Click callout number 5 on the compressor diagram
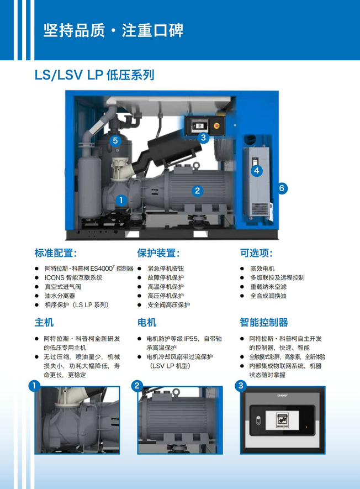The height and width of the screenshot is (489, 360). tap(115, 141)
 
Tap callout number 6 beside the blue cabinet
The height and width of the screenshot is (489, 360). tap(282, 188)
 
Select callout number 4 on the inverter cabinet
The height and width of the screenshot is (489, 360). tap(257, 171)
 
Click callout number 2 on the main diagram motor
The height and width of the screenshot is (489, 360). tap(197, 191)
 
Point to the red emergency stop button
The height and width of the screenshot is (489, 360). tap(217, 125)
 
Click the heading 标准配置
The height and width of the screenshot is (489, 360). tap(56, 253)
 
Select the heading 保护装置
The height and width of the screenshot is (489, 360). tap(158, 253)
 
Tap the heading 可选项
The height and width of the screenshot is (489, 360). tap(257, 253)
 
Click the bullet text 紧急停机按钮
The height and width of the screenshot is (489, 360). tap(166, 269)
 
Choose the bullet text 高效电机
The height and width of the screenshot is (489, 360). tap(262, 269)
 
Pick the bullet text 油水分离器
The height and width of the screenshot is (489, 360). tap(60, 296)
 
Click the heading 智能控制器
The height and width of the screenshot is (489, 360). tap(264, 322)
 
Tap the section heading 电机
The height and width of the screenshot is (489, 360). tap(147, 322)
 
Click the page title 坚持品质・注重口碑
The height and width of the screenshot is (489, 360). tap(113, 30)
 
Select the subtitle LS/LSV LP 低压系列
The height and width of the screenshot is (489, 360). tap(94, 75)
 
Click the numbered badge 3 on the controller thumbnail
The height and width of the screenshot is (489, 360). tap(241, 386)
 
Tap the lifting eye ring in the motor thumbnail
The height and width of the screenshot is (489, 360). tap(176, 392)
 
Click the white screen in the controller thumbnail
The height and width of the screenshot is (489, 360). tap(282, 420)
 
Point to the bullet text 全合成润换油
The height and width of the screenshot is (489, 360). tap(268, 296)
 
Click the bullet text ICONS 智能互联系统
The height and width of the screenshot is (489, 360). tap(73, 277)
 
